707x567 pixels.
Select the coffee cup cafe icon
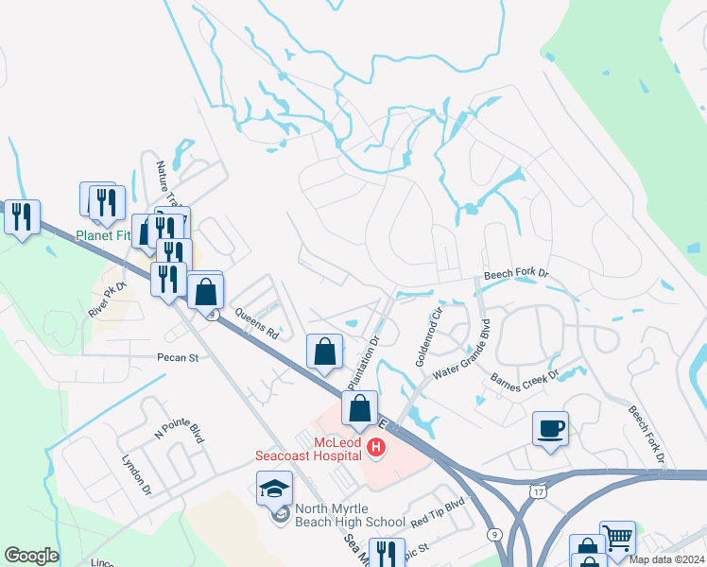click(x=550, y=428)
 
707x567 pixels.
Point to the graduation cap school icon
click(x=275, y=488)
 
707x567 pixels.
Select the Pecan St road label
click(x=178, y=358)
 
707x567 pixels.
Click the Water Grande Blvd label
click(x=463, y=352)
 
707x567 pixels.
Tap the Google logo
click(x=31, y=556)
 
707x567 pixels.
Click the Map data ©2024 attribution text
click(x=666, y=559)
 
